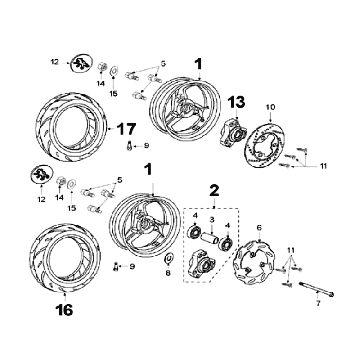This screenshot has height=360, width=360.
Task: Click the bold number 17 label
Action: coord(126,129)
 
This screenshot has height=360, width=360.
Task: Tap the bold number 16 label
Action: coord(64,310)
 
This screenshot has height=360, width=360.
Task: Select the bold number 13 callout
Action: coord(236,102)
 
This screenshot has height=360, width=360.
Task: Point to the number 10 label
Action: coord(270,107)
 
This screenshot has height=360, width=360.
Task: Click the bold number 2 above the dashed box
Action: coord(214,191)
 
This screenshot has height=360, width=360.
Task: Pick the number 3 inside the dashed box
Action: coord(211,220)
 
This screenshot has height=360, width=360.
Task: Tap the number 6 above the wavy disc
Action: coord(259,228)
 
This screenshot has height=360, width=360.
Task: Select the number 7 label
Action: coord(318,304)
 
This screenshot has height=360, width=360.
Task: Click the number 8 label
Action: coord(168,273)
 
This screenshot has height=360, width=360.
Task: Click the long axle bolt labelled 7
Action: coord(317,289)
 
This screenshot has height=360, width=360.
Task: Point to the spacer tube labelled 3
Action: coord(210,238)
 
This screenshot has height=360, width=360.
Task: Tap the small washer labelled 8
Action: coord(169,258)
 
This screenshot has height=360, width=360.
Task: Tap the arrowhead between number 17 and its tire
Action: coord(110,128)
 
